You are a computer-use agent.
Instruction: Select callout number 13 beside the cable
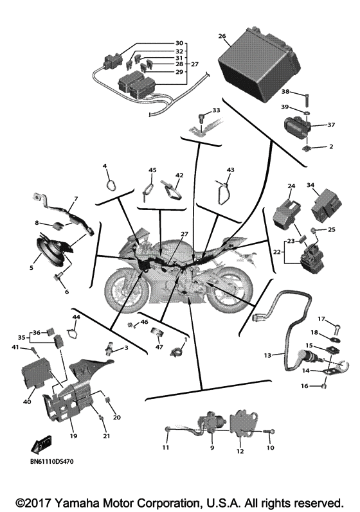(268, 354)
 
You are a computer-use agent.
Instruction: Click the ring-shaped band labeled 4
(111, 184)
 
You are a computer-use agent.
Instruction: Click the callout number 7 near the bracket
(75, 199)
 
